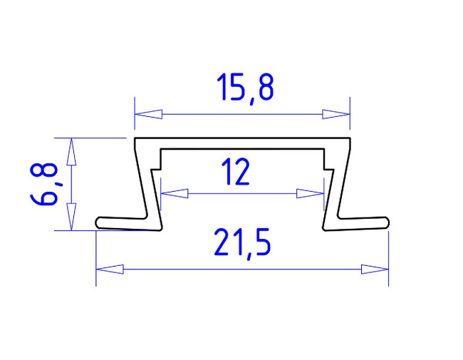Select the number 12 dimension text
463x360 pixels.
[x=236, y=173]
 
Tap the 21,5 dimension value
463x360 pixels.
[x=241, y=245]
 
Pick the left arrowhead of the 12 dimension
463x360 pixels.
[x=174, y=192]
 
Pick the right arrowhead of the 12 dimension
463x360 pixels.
[x=311, y=192]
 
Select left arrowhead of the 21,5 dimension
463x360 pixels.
[x=109, y=269]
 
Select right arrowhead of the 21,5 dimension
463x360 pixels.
[x=375, y=269]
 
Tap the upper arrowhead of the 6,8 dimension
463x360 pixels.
[x=71, y=149]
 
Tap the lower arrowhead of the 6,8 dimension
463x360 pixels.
[x=71, y=217]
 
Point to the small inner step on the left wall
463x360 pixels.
[x=158, y=170]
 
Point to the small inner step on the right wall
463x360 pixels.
[x=328, y=170]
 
